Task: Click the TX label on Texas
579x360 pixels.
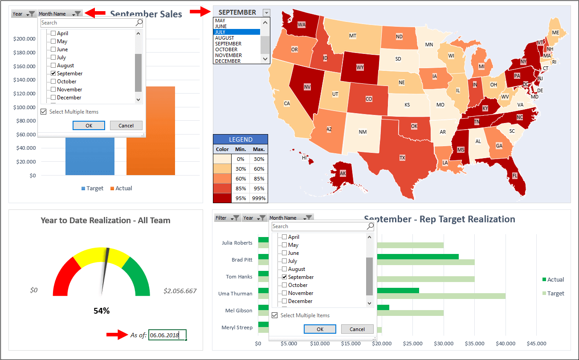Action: pos(402,158)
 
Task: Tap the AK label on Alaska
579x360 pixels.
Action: pos(343,173)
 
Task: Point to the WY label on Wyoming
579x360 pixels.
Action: pos(360,68)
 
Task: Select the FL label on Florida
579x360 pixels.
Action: pos(514,176)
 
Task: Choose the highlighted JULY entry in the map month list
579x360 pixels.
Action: pos(236,32)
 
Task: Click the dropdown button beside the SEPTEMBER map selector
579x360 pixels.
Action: pos(266,12)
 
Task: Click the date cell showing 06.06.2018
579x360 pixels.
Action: pos(167,335)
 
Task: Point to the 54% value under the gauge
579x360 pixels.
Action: pos(102,311)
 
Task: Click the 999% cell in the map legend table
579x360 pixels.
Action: pos(258,198)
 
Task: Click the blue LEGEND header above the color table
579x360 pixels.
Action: pos(241,139)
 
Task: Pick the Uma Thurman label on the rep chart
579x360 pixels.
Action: pos(236,294)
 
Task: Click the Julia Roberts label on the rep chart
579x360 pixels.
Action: pos(237,243)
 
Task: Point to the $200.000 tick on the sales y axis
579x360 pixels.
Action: pos(24,39)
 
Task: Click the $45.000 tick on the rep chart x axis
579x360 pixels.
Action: pos(536,344)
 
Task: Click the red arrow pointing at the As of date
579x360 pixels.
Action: pos(117,335)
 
